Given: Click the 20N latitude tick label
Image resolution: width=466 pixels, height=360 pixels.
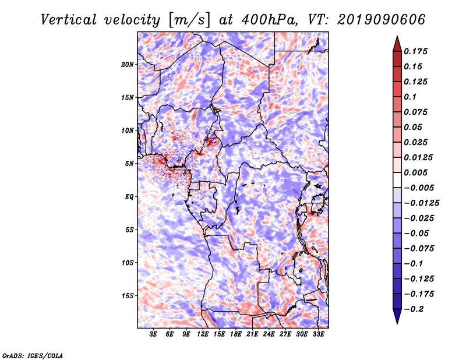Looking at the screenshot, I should coord(128,64).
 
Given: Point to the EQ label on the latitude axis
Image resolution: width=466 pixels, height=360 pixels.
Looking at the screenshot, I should coord(129,197).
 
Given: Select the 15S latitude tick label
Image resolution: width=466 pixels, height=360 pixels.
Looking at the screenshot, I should coord(128,296).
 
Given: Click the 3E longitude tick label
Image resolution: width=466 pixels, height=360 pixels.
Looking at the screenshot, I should coord(154,334).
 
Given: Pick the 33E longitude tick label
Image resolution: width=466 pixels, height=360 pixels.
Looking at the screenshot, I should coord(318,334).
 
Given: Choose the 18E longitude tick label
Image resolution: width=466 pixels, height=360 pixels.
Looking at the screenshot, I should coord(236,334).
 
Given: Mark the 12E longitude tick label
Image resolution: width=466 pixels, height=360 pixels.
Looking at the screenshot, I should coord(203,334).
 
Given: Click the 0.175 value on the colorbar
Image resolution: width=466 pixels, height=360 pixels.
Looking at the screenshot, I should coord(417,51).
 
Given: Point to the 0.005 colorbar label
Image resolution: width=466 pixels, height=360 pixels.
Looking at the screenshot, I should coord(417,172).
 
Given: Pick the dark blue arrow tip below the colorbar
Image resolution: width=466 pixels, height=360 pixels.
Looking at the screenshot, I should coord(397,317).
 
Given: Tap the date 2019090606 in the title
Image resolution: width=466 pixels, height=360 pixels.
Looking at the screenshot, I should coord(377,20).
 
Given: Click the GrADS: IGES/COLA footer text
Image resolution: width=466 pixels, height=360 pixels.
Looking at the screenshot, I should coord(32,355).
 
